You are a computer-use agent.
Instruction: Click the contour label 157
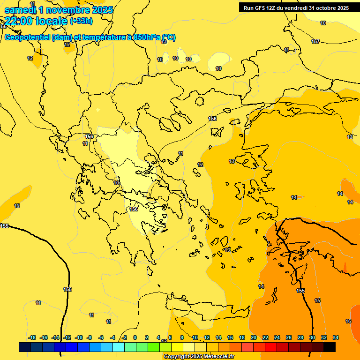(x=315, y=41)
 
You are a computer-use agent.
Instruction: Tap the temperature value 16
(x=348, y=321)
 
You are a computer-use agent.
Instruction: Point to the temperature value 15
(x=317, y=300)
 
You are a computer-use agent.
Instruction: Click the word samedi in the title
(x=20, y=10)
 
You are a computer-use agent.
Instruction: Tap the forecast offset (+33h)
(x=81, y=21)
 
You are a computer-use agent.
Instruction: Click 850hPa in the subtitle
(x=143, y=37)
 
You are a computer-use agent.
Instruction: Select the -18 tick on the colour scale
(x=32, y=337)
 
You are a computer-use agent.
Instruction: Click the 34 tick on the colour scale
(x=336, y=337)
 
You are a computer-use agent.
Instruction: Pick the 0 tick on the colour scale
(x=135, y=337)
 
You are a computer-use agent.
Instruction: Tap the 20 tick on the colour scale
(x=254, y=337)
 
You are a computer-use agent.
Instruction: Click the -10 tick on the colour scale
(x=78, y=337)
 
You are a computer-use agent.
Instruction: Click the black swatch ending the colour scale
(x=330, y=347)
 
